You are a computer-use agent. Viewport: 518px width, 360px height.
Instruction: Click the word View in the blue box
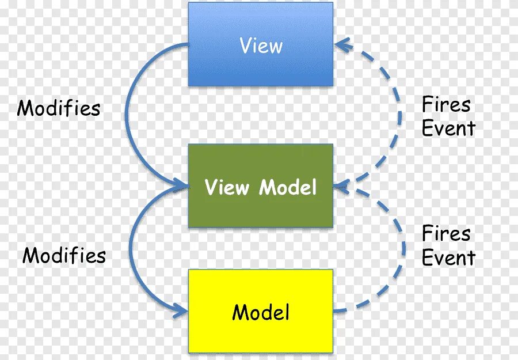(261, 46)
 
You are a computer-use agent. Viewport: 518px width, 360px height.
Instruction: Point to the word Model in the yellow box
(261, 312)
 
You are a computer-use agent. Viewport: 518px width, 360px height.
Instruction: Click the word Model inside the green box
(288, 187)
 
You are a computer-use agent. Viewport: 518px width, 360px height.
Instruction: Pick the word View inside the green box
(227, 187)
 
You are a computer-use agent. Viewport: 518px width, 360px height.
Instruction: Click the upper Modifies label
(59, 108)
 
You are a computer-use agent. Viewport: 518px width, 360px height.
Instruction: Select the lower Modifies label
(64, 255)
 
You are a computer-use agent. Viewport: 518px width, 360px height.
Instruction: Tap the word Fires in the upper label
(446, 105)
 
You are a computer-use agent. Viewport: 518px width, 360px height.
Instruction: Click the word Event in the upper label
(448, 128)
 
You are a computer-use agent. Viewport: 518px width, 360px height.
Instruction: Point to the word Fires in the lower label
(446, 234)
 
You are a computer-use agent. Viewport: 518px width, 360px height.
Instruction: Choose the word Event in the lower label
(448, 257)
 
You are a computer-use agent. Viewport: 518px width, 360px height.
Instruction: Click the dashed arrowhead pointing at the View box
(342, 44)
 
